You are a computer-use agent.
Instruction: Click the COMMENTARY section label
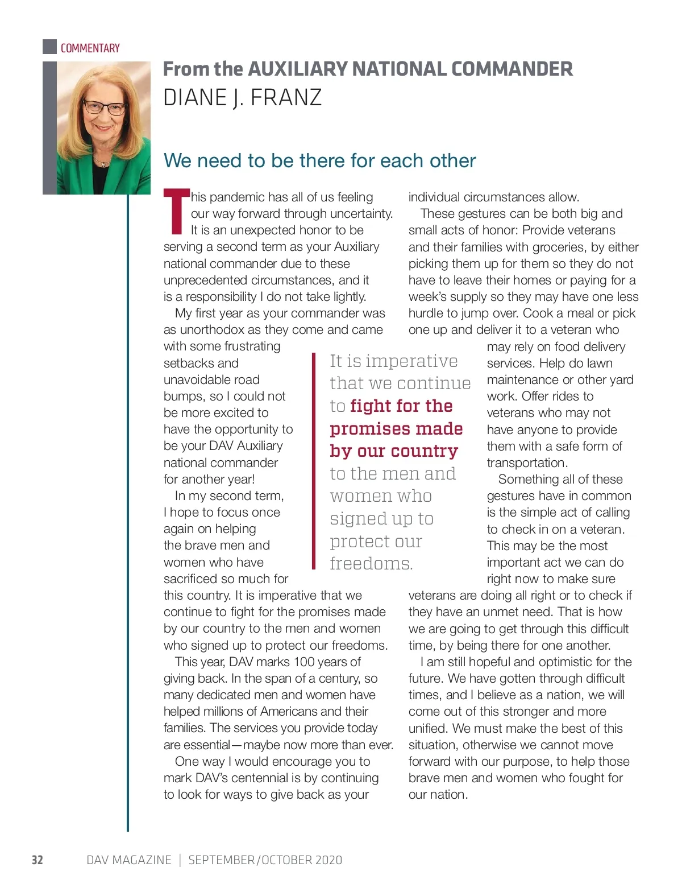(90, 48)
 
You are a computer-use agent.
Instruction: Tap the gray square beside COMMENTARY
(49, 47)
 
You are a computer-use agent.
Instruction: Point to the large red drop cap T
(176, 212)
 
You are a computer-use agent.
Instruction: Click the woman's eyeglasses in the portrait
(105, 107)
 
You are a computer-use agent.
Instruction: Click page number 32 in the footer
(38, 860)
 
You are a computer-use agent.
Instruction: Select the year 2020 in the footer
(328, 860)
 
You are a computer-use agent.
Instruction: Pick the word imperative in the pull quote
(411, 361)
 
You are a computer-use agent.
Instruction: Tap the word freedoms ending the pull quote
(371, 564)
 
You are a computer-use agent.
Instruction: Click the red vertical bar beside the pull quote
(313, 461)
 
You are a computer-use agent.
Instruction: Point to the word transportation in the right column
(527, 463)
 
